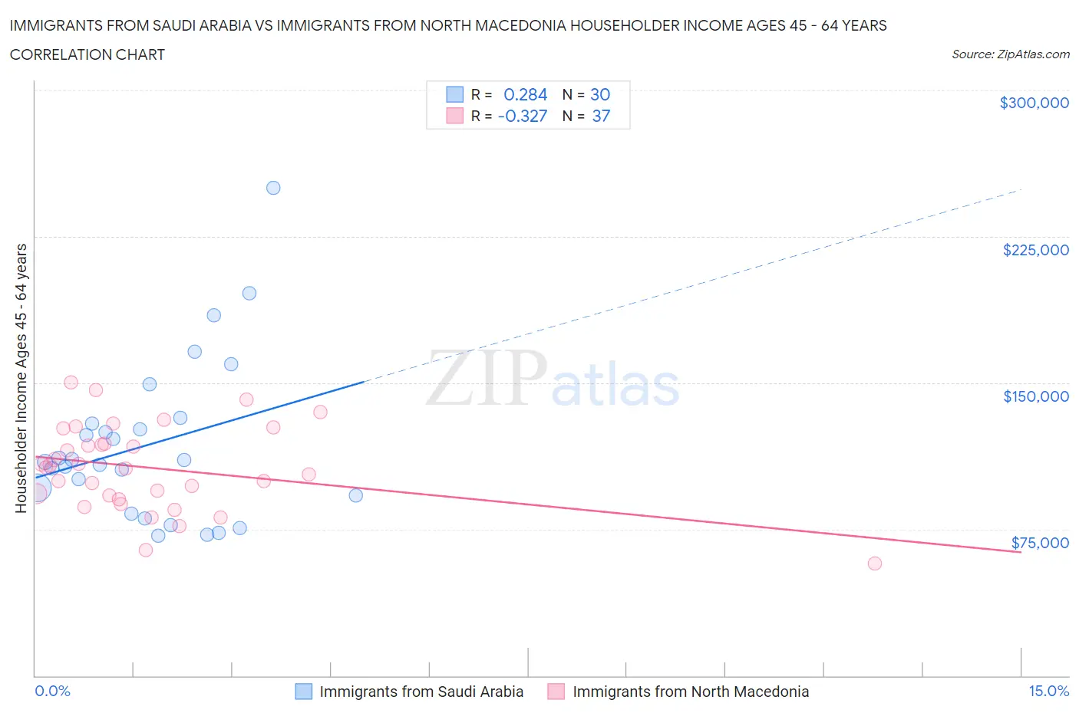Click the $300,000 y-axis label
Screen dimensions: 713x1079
(x=1034, y=103)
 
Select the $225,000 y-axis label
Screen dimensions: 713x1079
(x=1035, y=250)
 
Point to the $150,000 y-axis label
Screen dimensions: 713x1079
(x=1035, y=396)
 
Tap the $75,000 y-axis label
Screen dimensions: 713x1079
(x=1040, y=543)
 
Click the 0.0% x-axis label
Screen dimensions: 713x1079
(x=52, y=691)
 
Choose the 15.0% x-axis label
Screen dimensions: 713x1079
(x=1048, y=691)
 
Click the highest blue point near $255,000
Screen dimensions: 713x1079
(x=273, y=188)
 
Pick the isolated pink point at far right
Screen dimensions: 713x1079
(x=875, y=563)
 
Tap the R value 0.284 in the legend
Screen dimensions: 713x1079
(x=525, y=94)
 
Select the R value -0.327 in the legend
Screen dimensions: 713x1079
(x=522, y=116)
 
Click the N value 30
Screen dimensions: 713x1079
(x=600, y=94)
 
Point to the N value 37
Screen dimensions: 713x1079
(x=601, y=116)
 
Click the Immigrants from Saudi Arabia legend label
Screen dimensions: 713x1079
(x=421, y=692)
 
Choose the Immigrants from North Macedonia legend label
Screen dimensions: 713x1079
(x=691, y=692)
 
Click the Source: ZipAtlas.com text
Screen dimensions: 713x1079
(x=1010, y=54)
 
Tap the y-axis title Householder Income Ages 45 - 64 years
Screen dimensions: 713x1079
(x=21, y=378)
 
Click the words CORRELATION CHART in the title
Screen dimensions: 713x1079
(x=87, y=54)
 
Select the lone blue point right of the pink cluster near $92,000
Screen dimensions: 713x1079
(x=356, y=495)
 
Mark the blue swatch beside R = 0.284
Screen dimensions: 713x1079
(x=455, y=94)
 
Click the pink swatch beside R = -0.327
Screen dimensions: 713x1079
(x=455, y=116)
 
